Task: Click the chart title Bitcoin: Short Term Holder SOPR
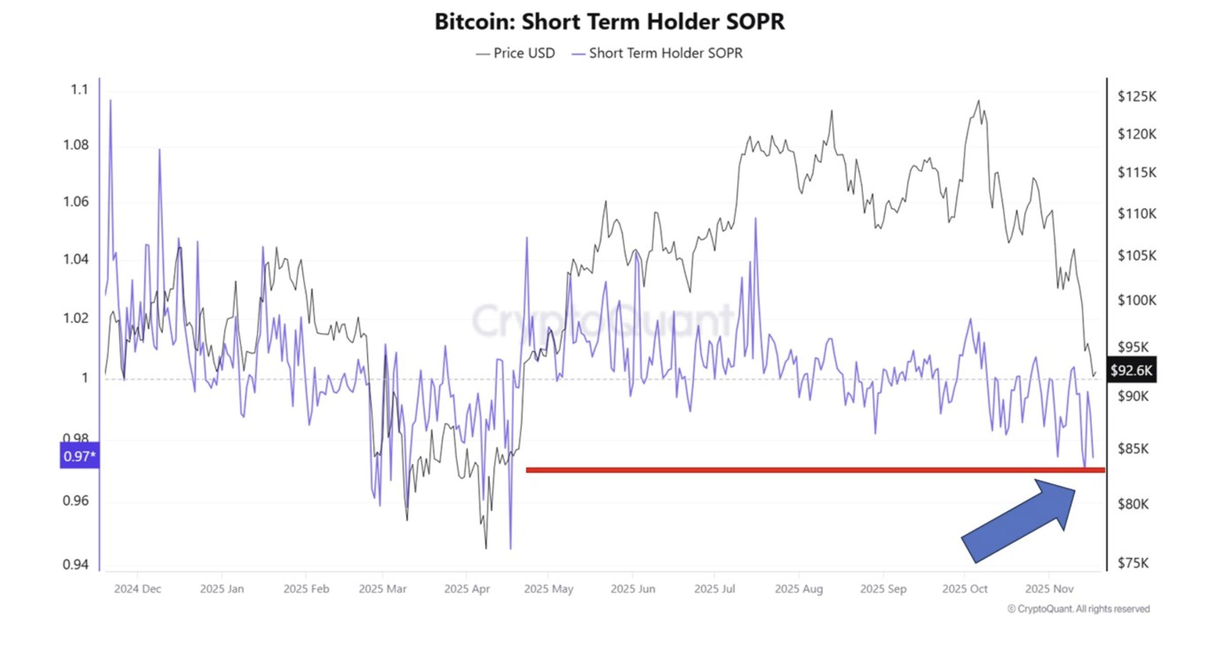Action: click(x=610, y=22)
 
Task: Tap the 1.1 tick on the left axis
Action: click(x=79, y=90)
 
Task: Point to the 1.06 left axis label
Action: click(x=76, y=202)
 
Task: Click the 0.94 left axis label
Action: click(x=76, y=564)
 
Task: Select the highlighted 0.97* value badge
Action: click(x=80, y=456)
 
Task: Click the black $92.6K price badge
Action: click(x=1131, y=370)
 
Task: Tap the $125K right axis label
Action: click(x=1137, y=96)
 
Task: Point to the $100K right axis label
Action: click(x=1137, y=300)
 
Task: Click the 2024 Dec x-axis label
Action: click(x=137, y=589)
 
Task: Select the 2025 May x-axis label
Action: click(x=548, y=589)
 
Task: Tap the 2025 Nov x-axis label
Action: click(x=1049, y=589)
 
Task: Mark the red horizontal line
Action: click(x=811, y=470)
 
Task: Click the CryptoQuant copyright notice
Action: click(x=1078, y=609)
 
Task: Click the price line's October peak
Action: click(x=979, y=101)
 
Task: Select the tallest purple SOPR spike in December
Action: click(x=110, y=100)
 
